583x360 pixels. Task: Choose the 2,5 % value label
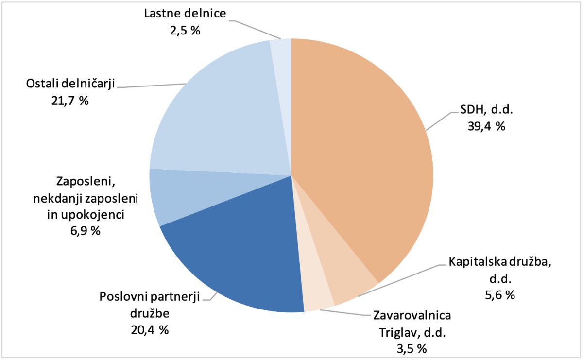click(x=185, y=30)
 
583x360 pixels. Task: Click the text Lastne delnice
click(x=185, y=13)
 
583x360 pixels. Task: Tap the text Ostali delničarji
click(x=70, y=84)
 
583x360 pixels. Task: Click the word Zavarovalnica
click(x=412, y=316)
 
